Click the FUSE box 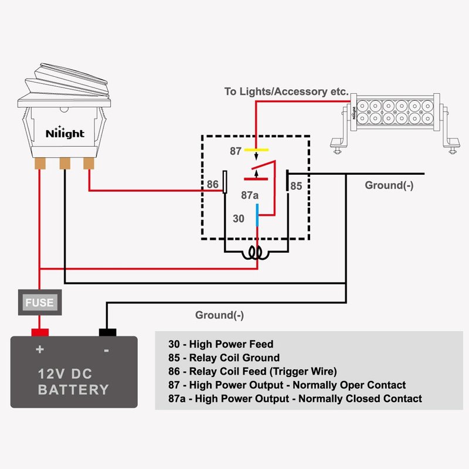[x=40, y=303]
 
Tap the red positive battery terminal [x=40, y=332]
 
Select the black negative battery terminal [x=107, y=332]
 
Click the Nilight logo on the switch [x=65, y=133]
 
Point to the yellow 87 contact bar [x=257, y=150]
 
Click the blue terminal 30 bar [x=257, y=215]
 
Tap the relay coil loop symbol [x=256, y=253]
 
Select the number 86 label [x=213, y=185]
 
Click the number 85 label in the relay [x=297, y=186]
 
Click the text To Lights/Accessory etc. [x=287, y=92]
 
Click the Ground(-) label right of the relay [x=389, y=185]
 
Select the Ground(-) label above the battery [x=219, y=315]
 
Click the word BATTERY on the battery [x=74, y=390]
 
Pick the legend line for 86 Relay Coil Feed [x=253, y=371]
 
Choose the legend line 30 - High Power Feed [x=221, y=344]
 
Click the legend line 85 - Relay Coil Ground [x=224, y=358]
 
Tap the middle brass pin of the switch [x=64, y=162]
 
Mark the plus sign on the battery [x=40, y=350]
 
